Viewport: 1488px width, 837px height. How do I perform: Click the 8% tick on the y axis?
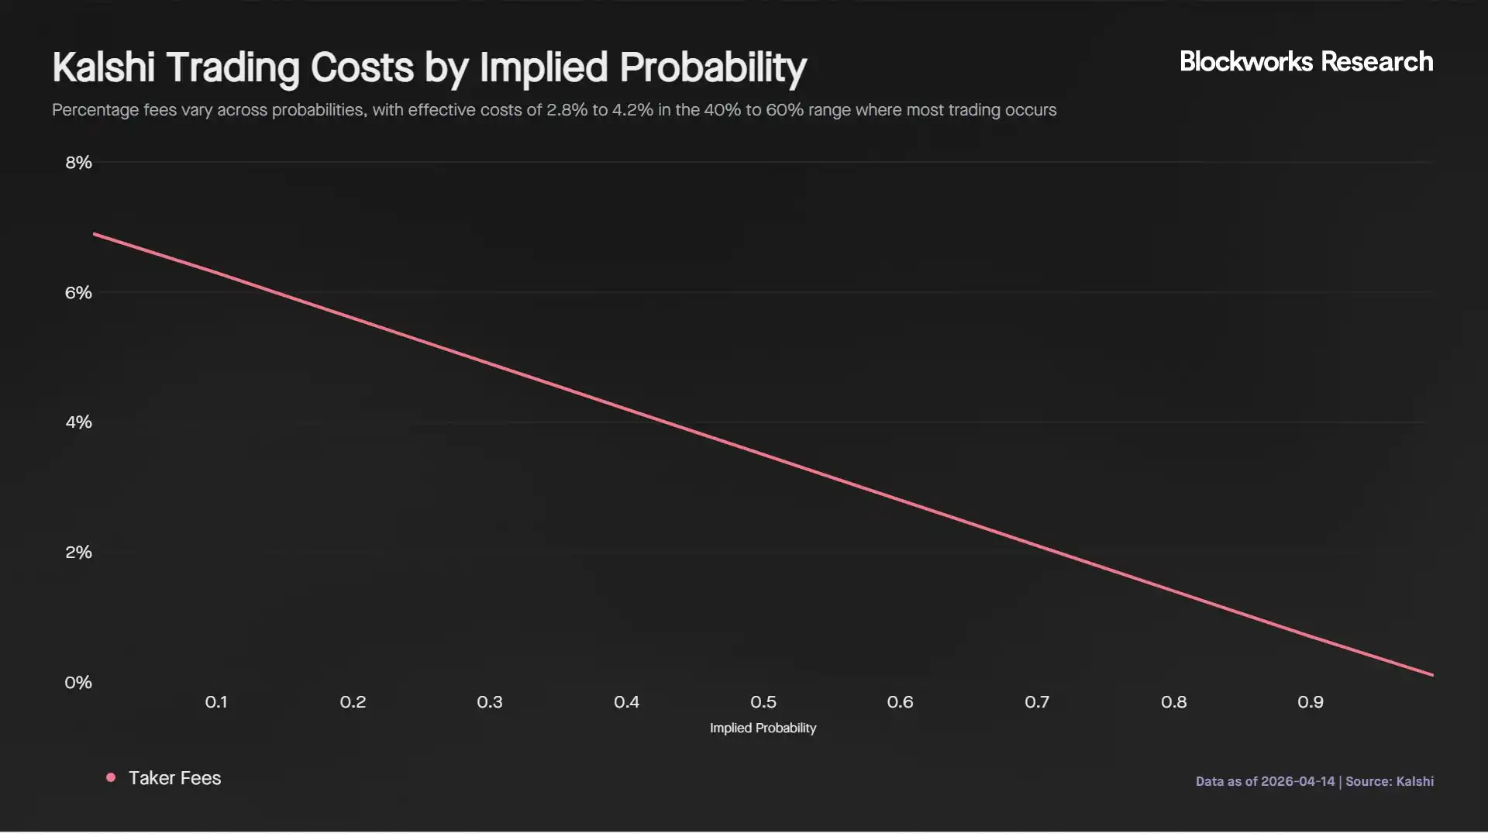78,163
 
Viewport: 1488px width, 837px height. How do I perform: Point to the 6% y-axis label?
78,293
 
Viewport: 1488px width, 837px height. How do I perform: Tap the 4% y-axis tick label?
78,422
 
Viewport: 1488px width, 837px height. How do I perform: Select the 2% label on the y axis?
78,553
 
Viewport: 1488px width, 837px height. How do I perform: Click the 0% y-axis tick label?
78,683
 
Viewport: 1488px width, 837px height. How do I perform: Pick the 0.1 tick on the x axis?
216,702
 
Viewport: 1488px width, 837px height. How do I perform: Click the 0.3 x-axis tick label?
490,702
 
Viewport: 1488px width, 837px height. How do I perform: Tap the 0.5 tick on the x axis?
763,702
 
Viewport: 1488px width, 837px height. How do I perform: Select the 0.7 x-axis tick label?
1037,702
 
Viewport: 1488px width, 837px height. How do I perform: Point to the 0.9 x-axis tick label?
1311,702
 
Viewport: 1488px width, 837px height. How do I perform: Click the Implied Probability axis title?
763,728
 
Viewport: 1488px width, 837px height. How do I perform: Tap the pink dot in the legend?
111,777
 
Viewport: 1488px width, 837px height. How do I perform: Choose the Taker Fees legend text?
174,778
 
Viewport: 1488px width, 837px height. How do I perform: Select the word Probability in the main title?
713,67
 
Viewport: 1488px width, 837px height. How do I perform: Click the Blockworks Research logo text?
1306,62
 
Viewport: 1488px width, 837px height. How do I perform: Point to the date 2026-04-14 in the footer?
1297,781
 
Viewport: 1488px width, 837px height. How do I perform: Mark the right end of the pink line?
1432,675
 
